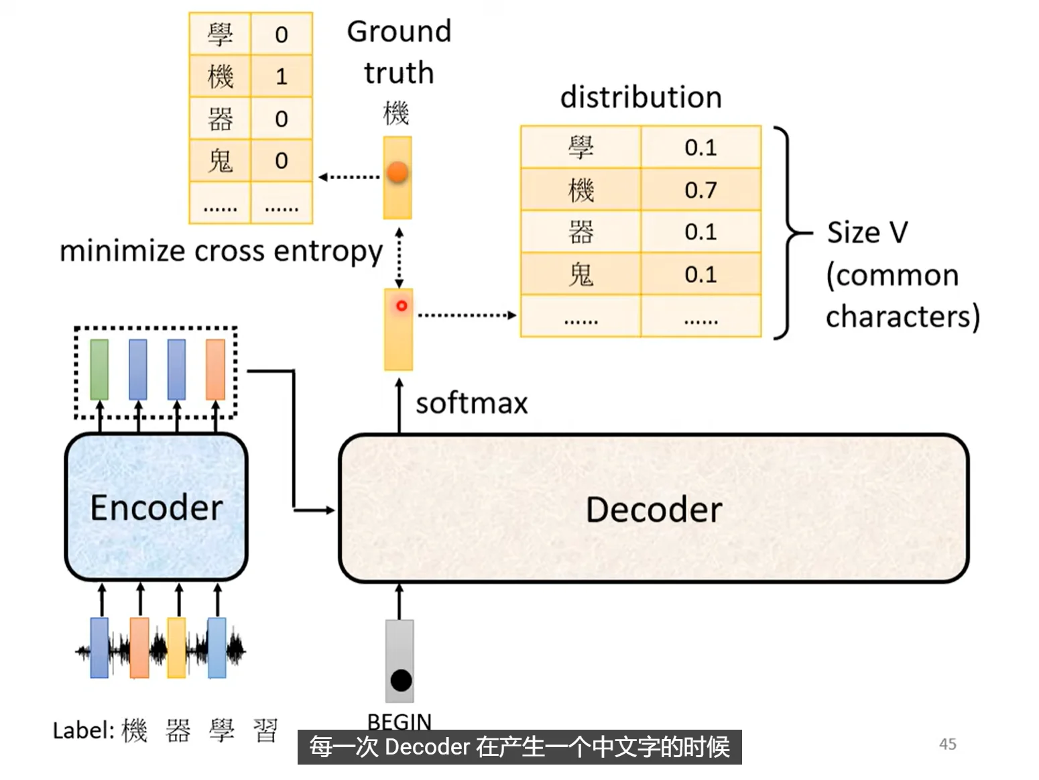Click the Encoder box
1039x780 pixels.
[x=156, y=506]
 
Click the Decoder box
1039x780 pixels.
[x=654, y=508]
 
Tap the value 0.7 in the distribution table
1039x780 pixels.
[x=700, y=190]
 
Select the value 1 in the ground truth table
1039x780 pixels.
[x=282, y=76]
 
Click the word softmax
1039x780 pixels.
[x=471, y=404]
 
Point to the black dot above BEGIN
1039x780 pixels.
[x=401, y=681]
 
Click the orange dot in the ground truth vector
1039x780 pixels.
[x=398, y=172]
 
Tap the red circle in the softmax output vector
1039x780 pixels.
[x=402, y=306]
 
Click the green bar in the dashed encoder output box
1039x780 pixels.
[x=99, y=370]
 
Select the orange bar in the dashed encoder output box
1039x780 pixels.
[x=215, y=370]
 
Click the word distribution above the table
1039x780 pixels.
[x=641, y=97]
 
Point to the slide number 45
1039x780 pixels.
[x=948, y=744]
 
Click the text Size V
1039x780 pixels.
[x=867, y=232]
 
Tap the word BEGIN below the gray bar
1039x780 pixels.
[x=400, y=722]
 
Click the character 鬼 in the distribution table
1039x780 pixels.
[x=580, y=275]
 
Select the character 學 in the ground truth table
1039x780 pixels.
[x=220, y=35]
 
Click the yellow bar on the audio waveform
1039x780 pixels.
[x=176, y=647]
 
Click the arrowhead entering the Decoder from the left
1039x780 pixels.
[x=329, y=510]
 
